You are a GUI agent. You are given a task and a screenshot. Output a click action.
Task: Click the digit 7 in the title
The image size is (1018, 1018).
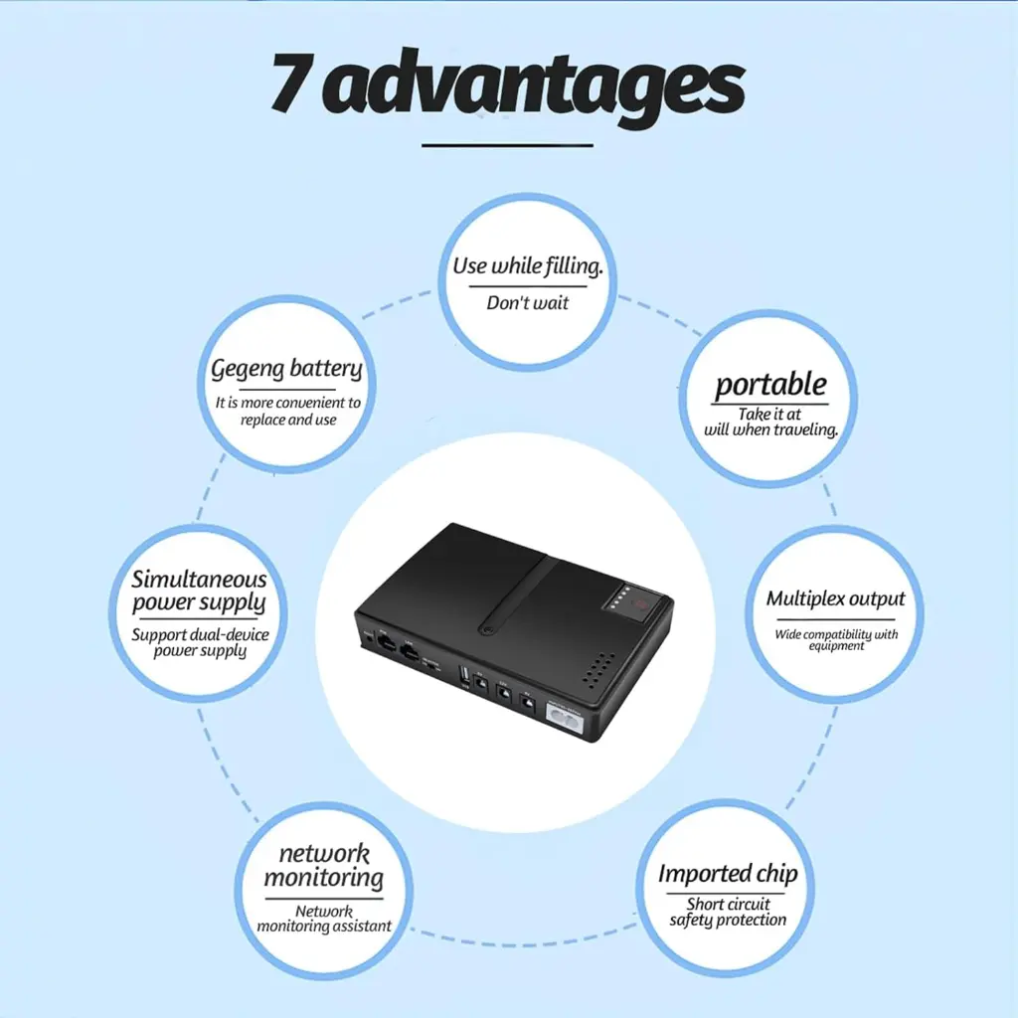coord(293,82)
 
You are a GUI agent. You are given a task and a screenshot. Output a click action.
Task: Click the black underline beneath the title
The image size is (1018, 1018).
coord(507,145)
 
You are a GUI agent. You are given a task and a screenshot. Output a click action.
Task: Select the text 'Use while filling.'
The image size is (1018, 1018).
coord(528,265)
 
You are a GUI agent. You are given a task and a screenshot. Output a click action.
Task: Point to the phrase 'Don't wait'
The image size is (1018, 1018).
coord(527,302)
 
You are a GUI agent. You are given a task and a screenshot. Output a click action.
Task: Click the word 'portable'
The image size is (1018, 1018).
coord(770,385)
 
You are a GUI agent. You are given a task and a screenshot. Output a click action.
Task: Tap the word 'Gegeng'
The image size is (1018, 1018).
coord(248,370)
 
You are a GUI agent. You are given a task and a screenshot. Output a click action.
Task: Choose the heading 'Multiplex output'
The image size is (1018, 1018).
coord(835,598)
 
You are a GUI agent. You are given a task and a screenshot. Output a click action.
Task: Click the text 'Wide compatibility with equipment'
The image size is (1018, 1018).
coord(836,639)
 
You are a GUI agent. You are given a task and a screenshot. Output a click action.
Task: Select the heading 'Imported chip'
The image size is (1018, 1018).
coord(728,874)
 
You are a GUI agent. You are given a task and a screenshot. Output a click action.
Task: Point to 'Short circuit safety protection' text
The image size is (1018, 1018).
coord(728,913)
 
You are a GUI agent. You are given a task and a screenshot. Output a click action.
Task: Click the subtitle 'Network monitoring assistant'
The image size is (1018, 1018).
coord(324,919)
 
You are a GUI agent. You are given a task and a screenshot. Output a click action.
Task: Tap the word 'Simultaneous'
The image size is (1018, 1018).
coord(199,580)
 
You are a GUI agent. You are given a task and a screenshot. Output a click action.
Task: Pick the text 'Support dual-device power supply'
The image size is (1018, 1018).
coord(200,643)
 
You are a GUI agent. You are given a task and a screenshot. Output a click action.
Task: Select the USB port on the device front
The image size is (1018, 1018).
coord(464,675)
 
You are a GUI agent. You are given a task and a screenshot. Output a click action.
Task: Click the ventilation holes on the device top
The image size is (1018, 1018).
coord(597,669)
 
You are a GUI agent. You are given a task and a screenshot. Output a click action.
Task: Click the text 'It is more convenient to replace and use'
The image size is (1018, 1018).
coord(288,411)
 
